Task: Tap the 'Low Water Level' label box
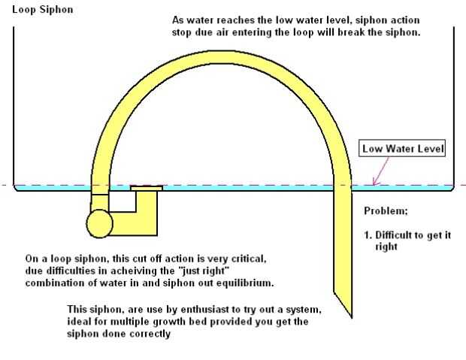tap(403, 149)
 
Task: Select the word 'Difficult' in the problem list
tap(396, 234)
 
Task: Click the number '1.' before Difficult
tap(368, 234)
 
